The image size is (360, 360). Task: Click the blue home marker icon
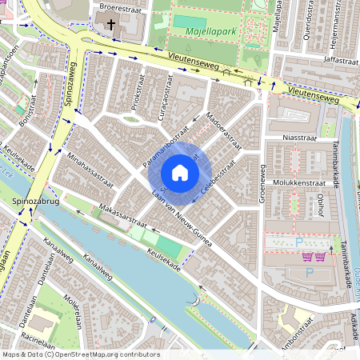(x=180, y=173)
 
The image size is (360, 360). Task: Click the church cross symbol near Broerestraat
(x=110, y=23)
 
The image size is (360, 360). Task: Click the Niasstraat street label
(x=300, y=138)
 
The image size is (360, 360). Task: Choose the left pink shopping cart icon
(x=307, y=257)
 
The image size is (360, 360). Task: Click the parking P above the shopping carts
(x=299, y=241)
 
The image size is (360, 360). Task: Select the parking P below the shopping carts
(x=310, y=273)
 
